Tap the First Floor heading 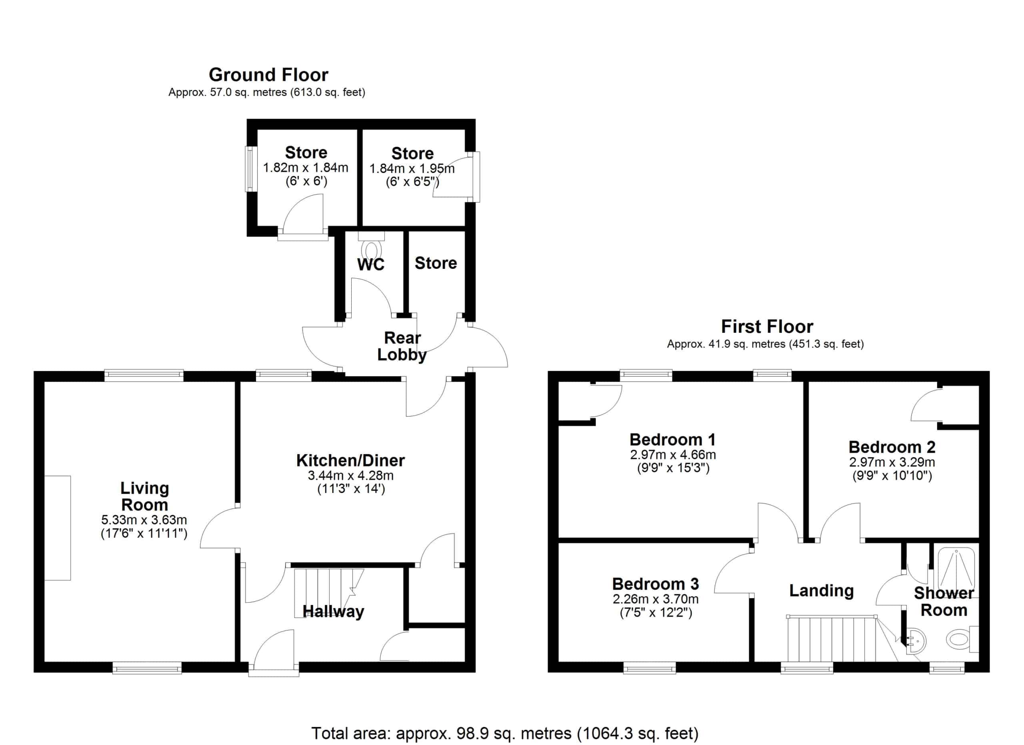click(767, 326)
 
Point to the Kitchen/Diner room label click(350, 460)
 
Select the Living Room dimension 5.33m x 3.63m click(144, 520)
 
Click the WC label click(371, 264)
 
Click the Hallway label click(333, 611)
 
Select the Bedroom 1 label click(672, 439)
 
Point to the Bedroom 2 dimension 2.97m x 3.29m click(892, 463)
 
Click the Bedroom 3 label click(655, 584)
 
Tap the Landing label click(821, 591)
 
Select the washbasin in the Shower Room click(915, 641)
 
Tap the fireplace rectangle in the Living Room click(58, 528)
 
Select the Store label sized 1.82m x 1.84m click(306, 152)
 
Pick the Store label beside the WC click(436, 263)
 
